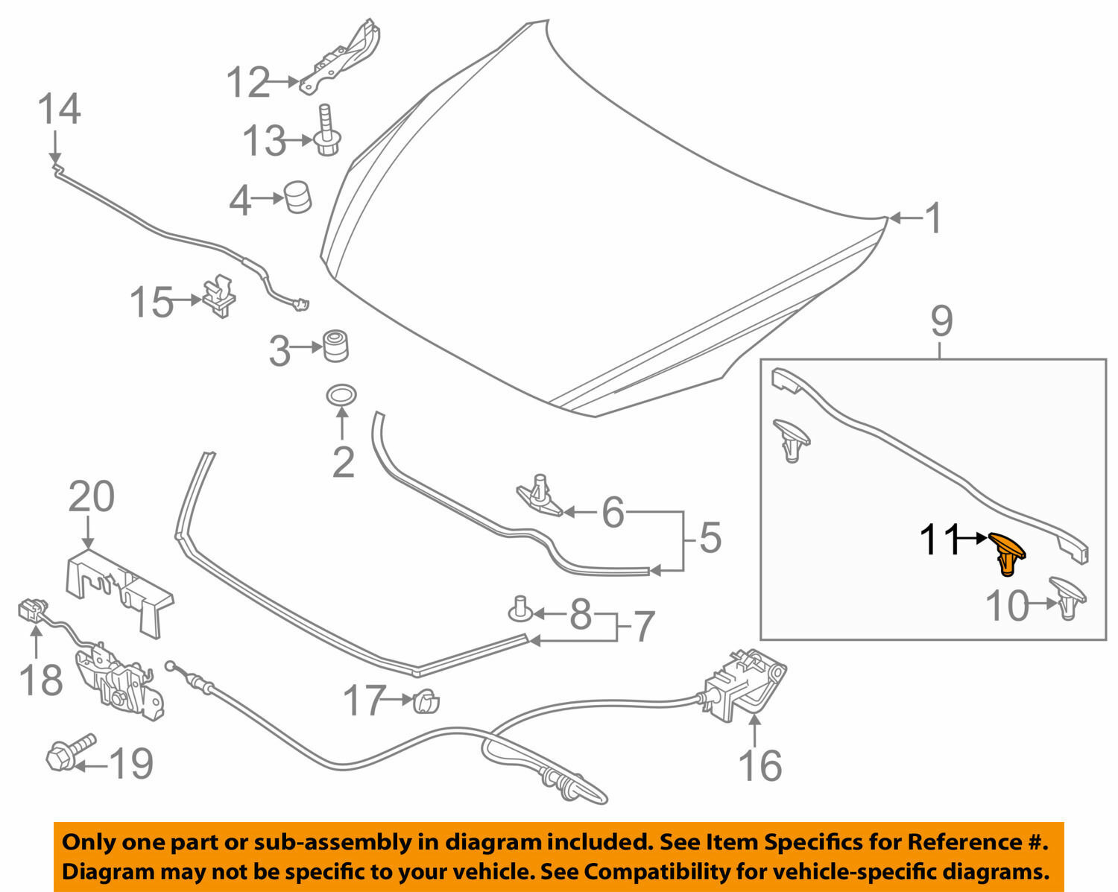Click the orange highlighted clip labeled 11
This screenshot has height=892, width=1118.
click(1007, 554)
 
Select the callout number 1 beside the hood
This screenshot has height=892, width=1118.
click(933, 219)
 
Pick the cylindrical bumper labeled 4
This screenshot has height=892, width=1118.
click(297, 197)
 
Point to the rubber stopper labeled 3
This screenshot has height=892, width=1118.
click(335, 347)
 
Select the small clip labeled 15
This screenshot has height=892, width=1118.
click(217, 295)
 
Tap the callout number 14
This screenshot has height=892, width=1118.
click(59, 110)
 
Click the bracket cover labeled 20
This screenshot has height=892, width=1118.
click(119, 589)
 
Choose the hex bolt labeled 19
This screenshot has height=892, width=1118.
click(71, 752)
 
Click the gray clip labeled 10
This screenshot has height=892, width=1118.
click(1068, 596)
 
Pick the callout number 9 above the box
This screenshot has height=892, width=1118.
click(941, 322)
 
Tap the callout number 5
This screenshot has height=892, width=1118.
click(710, 537)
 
